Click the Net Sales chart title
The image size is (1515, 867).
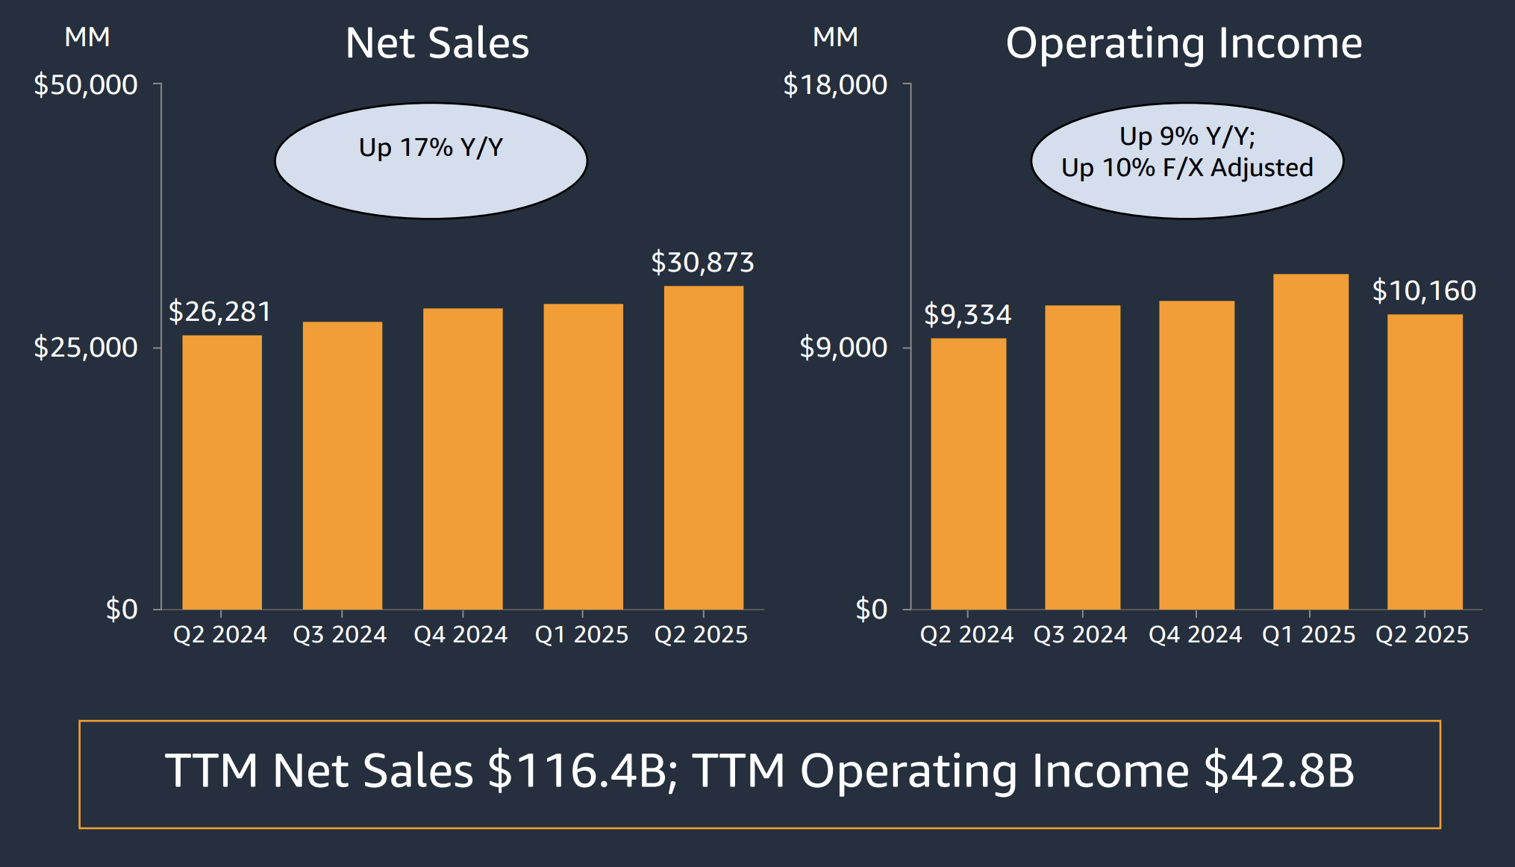pos(437,43)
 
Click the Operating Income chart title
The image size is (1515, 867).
pos(1184,43)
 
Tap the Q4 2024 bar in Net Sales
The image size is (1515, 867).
pos(463,458)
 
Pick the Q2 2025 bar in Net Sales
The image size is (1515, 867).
pos(703,447)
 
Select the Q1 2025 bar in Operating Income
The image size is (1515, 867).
pos(1311,441)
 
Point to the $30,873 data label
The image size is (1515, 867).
pos(702,263)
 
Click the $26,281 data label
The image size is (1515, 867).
pos(219,312)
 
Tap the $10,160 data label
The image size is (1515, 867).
pos(1424,291)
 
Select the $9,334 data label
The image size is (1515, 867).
pos(967,315)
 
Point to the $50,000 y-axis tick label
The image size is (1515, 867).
pos(86,85)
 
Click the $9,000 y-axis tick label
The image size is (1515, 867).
pos(843,348)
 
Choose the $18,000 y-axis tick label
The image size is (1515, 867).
pos(835,85)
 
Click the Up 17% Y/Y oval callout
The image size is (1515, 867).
pos(431,160)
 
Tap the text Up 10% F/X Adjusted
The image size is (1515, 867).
pos(1187,168)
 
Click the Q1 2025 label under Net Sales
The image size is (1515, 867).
pos(581,634)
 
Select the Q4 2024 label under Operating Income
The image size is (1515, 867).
pos(1195,634)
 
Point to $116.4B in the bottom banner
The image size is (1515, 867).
pos(576,771)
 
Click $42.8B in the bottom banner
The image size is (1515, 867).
pos(1278,771)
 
